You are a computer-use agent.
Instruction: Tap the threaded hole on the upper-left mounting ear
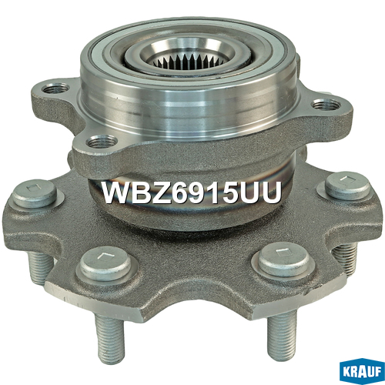(x=56, y=89)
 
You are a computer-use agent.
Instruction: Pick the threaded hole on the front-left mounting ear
(x=102, y=142)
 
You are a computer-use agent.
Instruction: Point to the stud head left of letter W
(x=35, y=194)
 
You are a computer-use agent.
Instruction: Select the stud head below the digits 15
(x=284, y=259)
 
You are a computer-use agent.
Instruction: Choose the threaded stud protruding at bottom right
(x=282, y=333)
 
